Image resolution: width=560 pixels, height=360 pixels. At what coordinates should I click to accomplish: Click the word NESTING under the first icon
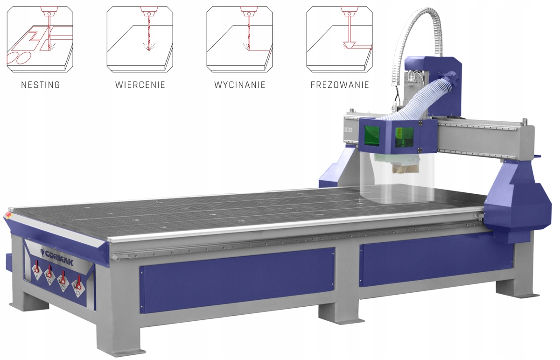click(x=41, y=85)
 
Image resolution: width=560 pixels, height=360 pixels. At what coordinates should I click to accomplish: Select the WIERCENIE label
click(x=140, y=85)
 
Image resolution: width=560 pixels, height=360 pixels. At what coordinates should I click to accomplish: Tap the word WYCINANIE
click(x=240, y=85)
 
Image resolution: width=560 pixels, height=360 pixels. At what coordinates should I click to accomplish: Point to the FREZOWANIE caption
click(x=340, y=85)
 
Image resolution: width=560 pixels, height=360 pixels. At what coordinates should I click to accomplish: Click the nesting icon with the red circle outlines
click(x=40, y=39)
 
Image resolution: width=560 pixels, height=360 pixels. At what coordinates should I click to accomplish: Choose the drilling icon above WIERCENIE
click(x=140, y=39)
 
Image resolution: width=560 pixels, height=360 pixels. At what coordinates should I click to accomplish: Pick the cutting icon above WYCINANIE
click(x=240, y=39)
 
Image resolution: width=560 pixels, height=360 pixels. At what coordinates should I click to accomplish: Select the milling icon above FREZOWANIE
click(x=340, y=39)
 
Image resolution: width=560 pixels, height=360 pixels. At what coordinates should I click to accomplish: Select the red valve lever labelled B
click(x=49, y=272)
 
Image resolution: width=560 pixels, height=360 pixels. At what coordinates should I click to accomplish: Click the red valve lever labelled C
click(x=62, y=278)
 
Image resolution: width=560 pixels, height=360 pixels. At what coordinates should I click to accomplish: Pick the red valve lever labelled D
click(x=78, y=283)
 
